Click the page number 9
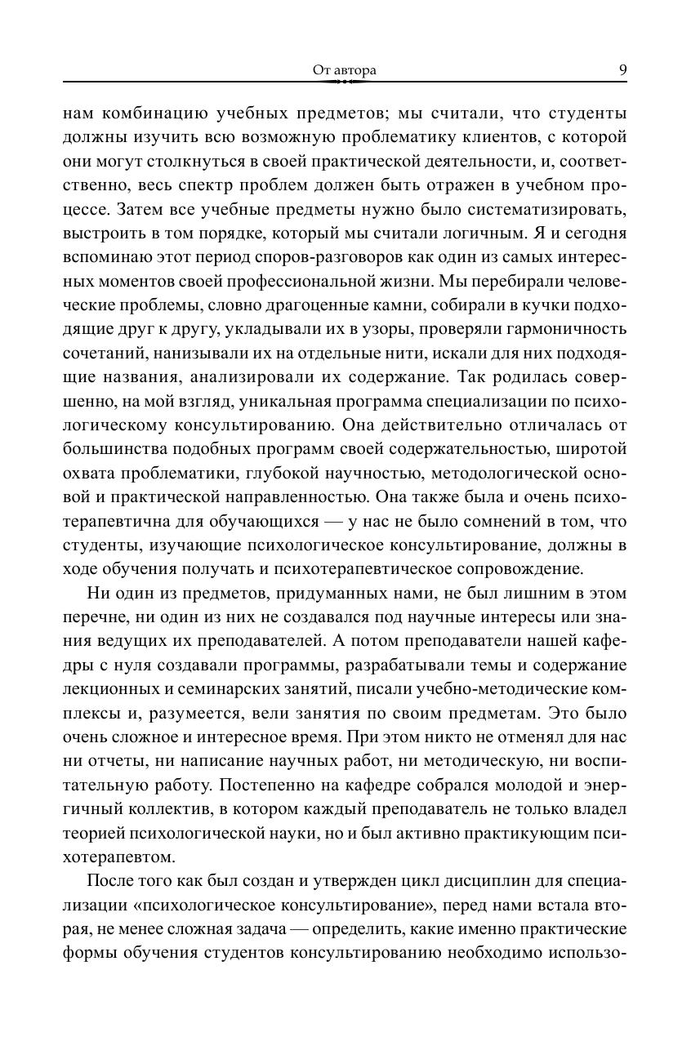(x=622, y=70)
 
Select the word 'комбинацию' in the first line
(x=142, y=113)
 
